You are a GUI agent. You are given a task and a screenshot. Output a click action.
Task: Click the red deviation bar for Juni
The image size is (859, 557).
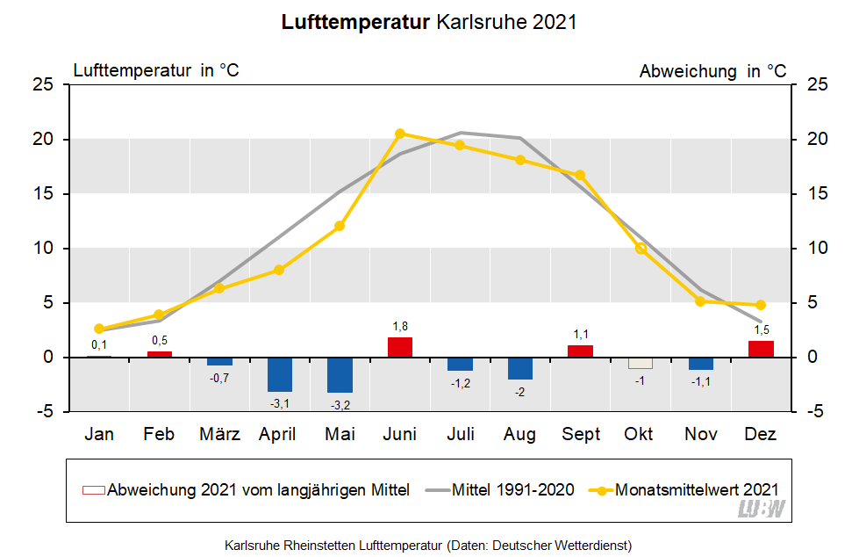tap(400, 347)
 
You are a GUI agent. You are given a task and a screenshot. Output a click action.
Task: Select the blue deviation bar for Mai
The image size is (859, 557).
tap(340, 374)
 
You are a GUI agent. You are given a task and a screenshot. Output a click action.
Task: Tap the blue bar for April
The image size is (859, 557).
tap(280, 374)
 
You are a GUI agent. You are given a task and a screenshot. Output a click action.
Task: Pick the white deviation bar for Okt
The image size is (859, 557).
tap(641, 363)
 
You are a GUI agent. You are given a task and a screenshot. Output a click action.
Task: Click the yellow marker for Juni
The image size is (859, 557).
tap(400, 134)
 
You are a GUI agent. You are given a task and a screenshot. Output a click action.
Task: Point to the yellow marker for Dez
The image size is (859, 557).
tap(761, 305)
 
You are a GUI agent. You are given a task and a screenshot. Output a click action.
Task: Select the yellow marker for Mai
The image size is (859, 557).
tap(340, 226)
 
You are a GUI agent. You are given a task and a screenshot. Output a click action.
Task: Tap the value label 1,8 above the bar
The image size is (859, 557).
tap(400, 327)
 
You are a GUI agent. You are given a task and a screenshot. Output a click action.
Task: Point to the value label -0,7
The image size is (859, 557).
tap(219, 378)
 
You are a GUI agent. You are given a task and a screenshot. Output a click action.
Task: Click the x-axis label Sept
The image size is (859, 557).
tap(581, 434)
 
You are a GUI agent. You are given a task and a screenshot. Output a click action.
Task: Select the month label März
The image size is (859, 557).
tap(219, 434)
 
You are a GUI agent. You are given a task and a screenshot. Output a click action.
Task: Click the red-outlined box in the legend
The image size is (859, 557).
tap(92, 490)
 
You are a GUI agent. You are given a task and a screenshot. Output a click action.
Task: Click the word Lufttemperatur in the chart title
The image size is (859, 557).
tap(354, 22)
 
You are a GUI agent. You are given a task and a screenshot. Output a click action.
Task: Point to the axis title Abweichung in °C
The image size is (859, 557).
tap(712, 71)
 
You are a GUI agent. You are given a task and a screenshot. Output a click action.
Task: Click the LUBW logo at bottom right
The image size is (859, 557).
tap(762, 510)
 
